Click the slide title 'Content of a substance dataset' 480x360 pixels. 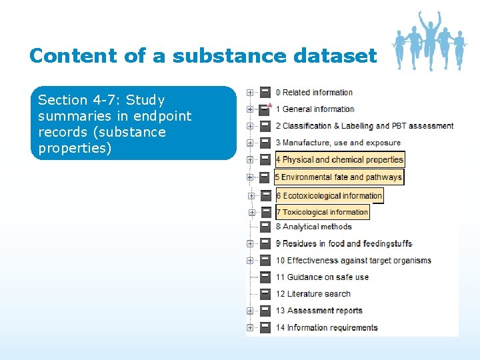point(203,55)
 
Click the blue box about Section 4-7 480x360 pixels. point(133,123)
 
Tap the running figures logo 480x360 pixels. point(428,40)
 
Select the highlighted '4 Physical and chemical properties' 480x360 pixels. point(340,160)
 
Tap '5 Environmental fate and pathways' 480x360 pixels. point(339,177)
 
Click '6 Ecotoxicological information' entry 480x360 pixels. point(330,196)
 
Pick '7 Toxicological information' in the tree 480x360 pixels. point(323,213)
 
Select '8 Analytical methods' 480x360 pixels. point(313,227)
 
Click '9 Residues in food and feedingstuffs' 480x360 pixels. point(344,243)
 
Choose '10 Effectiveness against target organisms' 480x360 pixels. point(353,261)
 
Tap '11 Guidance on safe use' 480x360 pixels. point(322,277)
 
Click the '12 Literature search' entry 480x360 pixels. point(313,294)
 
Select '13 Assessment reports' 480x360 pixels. point(319,311)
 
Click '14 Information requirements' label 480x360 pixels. point(327,327)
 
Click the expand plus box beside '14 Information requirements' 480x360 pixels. point(250,327)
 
